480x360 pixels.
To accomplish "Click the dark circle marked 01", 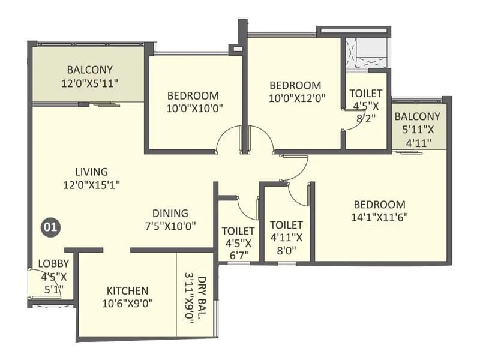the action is click(50, 227).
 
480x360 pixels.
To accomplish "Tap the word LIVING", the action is click(92, 172).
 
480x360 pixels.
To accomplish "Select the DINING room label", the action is click(170, 214).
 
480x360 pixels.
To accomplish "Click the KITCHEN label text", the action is click(127, 290).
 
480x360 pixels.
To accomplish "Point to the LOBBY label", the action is click(53, 263).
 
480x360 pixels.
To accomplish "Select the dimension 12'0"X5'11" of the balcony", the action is click(90, 83).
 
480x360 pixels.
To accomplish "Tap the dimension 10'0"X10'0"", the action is click(194, 109).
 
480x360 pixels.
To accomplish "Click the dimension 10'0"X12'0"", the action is click(297, 98).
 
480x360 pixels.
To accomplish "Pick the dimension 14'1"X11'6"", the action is click(380, 217).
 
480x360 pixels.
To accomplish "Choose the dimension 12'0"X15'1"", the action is click(92, 185).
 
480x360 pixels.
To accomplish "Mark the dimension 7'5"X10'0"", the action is click(170, 226).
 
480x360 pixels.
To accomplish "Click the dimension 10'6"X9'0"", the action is click(127, 304).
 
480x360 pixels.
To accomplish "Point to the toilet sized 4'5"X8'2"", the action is click(366, 111).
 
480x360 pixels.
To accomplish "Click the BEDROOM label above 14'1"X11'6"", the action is click(380, 205).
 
